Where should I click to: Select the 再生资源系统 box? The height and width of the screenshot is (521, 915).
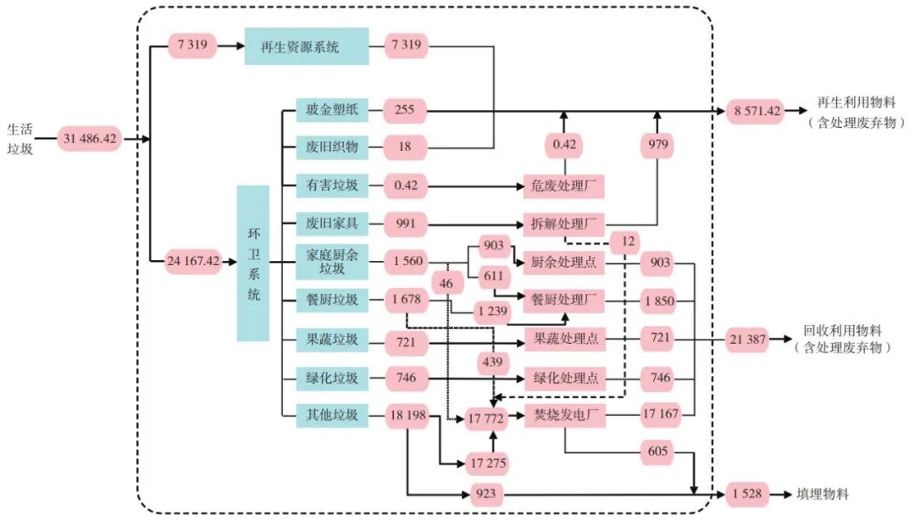(x=306, y=46)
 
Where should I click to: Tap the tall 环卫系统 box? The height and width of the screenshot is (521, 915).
(x=252, y=263)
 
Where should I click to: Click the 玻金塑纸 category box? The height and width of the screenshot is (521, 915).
(x=331, y=109)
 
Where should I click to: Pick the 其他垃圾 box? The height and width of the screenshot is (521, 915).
(x=331, y=415)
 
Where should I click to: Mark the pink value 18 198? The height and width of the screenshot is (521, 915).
(x=407, y=415)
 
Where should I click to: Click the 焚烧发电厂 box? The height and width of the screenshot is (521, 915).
(x=565, y=415)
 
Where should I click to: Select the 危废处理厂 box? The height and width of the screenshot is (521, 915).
(x=565, y=186)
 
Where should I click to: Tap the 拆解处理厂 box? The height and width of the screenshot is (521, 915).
(x=565, y=224)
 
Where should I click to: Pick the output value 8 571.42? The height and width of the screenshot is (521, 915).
(x=755, y=110)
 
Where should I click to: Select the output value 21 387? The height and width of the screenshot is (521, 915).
(x=746, y=340)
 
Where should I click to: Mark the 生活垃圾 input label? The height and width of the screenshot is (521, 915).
(x=19, y=141)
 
